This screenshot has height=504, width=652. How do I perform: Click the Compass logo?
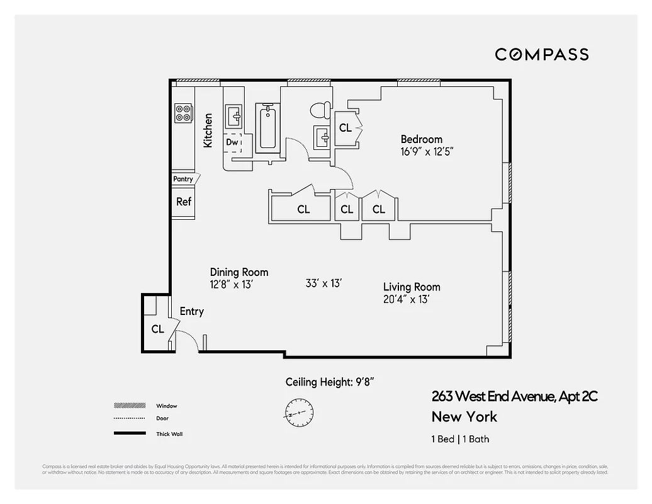click(x=541, y=55)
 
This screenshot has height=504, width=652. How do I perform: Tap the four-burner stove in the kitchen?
click(x=184, y=113)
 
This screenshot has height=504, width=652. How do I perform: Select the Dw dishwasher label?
click(x=232, y=142)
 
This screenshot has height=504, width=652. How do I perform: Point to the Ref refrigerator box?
click(x=184, y=202)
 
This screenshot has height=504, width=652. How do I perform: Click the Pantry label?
click(x=183, y=180)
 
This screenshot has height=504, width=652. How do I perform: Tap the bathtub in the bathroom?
click(x=267, y=128)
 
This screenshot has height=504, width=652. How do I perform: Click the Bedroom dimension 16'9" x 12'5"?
click(x=427, y=152)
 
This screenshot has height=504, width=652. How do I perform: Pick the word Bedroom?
click(x=422, y=139)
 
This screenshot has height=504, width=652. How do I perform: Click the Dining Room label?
click(x=239, y=272)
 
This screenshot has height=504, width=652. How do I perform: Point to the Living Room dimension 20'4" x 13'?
click(x=406, y=300)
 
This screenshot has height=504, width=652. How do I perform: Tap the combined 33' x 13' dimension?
click(x=323, y=283)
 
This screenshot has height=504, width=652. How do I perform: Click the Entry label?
click(x=192, y=311)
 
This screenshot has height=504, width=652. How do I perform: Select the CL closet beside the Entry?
click(x=157, y=329)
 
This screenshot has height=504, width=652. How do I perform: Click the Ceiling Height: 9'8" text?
click(x=331, y=382)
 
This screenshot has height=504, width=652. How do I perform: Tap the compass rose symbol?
click(x=297, y=410)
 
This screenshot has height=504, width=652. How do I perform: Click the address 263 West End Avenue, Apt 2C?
click(x=514, y=396)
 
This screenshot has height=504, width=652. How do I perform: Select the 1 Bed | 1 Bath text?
click(x=460, y=439)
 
